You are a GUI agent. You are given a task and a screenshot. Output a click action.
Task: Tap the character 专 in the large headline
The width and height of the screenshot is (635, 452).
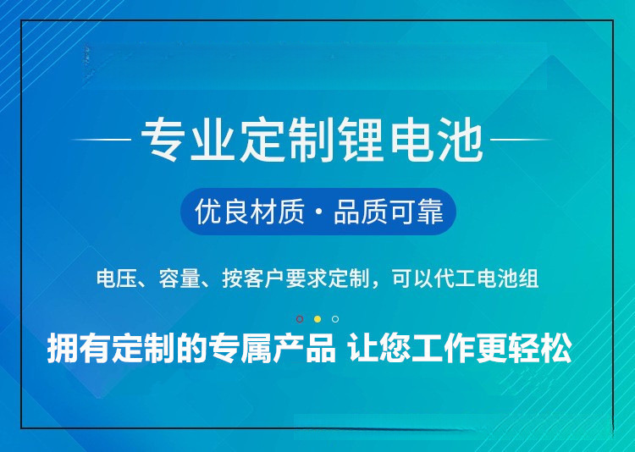164,141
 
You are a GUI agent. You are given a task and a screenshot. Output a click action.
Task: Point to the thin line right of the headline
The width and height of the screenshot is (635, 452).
522,139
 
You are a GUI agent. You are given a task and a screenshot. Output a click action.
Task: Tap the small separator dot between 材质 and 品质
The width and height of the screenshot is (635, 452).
319,212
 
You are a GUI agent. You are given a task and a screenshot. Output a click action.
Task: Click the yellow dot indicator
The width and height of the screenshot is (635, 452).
317,319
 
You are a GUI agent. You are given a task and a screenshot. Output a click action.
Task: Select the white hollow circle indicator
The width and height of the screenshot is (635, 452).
335,319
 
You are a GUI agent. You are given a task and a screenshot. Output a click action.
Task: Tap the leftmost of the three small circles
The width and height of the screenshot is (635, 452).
300,319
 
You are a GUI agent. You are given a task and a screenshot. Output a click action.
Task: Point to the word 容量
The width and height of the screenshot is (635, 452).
179,279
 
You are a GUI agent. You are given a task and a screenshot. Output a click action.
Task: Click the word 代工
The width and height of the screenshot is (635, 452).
454,279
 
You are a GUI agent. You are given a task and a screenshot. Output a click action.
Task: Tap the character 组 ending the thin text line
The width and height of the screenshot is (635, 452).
529,279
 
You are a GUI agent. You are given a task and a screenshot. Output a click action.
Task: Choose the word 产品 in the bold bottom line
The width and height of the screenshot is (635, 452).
308,349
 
